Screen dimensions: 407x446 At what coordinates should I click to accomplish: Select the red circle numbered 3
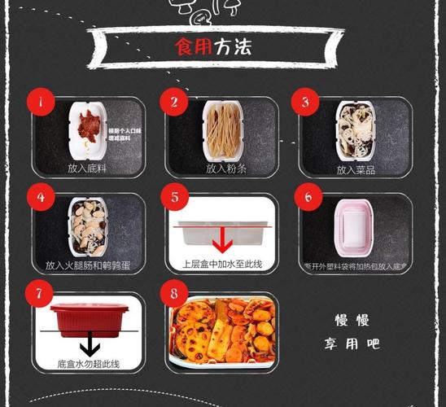305,103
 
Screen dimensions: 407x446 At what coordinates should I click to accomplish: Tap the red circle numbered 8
173,291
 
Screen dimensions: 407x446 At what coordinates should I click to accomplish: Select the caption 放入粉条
222,168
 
